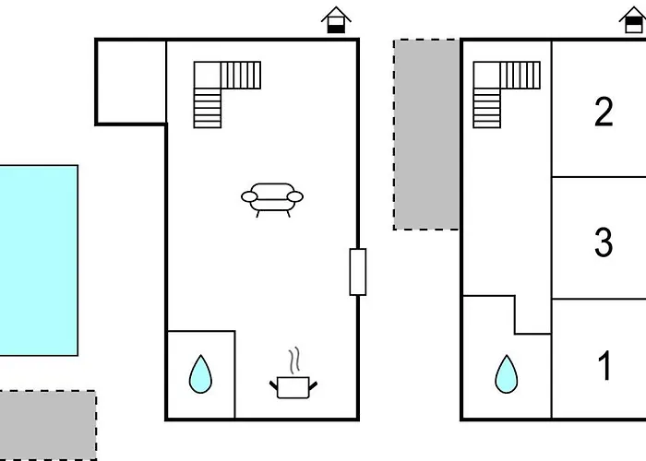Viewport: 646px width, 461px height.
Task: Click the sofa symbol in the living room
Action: pos(272,200)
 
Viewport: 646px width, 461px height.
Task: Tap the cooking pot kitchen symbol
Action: pos(293,387)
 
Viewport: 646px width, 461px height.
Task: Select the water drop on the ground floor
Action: pos(200,373)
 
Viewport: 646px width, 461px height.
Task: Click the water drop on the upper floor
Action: pos(507,373)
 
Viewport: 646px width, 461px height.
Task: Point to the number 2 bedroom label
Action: pos(604,112)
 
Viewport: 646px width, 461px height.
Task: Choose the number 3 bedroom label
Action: pos(604,242)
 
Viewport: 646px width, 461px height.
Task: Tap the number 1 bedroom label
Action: pos(604,365)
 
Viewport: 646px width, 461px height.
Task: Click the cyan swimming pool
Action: pos(39,260)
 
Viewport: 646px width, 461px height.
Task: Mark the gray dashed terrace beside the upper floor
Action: pos(426,135)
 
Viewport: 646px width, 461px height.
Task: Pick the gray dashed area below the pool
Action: pos(48,425)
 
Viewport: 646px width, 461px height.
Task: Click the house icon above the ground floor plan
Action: pos(336,20)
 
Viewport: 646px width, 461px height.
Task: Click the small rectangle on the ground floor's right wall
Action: pos(358,272)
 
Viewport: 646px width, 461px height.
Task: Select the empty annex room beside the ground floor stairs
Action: pos(131,82)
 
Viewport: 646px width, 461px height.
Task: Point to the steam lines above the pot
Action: pos(293,361)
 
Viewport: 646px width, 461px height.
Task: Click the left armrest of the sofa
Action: pos(249,196)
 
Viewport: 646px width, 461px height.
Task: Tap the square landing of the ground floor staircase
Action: pos(208,75)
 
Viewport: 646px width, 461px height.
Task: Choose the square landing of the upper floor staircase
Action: pos(486,75)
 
